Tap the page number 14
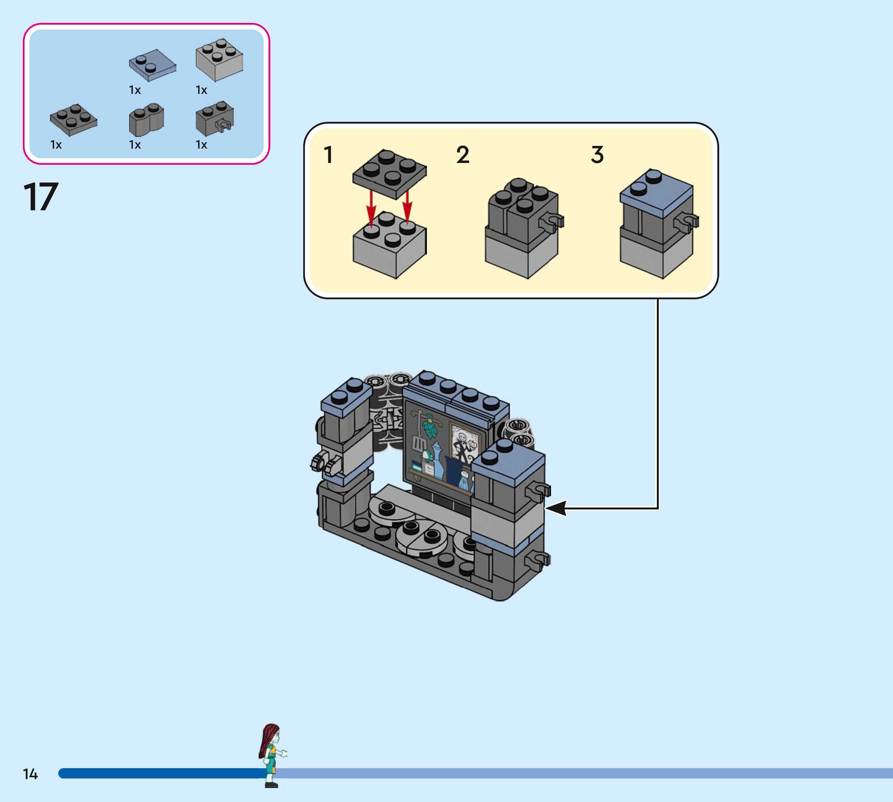pos(30,774)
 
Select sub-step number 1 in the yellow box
pos(328,155)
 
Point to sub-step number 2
pos(463,155)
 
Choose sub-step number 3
pos(597,155)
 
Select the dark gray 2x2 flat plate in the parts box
pos(74,120)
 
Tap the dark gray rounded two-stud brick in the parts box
pos(146,120)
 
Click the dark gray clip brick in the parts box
pos(214,118)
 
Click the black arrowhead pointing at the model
pos(556,508)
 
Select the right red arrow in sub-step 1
pos(407,206)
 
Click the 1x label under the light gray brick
pos(201,90)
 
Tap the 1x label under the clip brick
pos(201,145)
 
